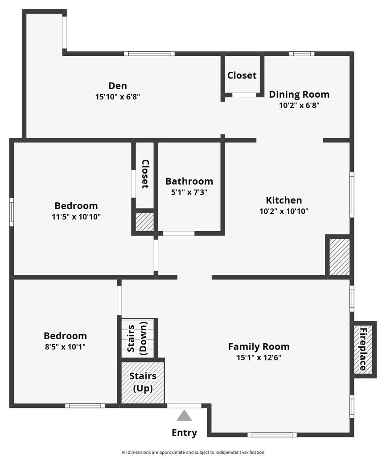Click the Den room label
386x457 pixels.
(x=118, y=86)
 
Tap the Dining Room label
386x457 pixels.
(x=299, y=94)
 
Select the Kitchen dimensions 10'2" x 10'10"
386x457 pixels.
(x=284, y=211)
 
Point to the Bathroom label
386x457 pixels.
(x=189, y=181)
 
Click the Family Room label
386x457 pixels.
(x=259, y=346)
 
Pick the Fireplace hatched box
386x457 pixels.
(x=363, y=349)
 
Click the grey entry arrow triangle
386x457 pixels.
(x=184, y=416)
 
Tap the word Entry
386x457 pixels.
(x=184, y=432)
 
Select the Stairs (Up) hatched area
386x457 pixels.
(x=143, y=382)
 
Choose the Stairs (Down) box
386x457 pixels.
(x=137, y=338)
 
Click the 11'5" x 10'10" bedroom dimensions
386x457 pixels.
(x=76, y=217)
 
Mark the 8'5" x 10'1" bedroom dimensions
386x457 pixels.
(x=65, y=346)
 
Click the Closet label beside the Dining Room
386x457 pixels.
(x=242, y=75)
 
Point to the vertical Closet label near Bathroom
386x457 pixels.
(x=145, y=174)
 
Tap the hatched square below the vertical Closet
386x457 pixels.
(x=144, y=222)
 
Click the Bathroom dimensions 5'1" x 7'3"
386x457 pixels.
(x=189, y=192)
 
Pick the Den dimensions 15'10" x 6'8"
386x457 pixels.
(x=118, y=96)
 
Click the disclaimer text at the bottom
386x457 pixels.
(x=193, y=452)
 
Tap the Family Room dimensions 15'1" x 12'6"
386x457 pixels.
(x=259, y=357)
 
